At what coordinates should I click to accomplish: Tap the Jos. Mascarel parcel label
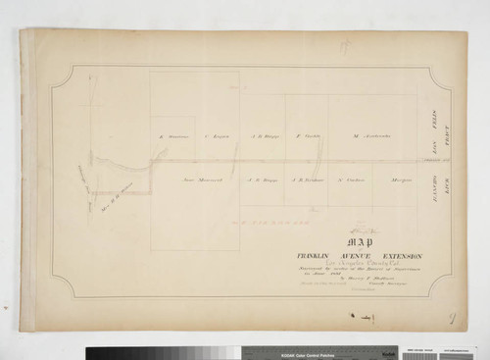[203, 180]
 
